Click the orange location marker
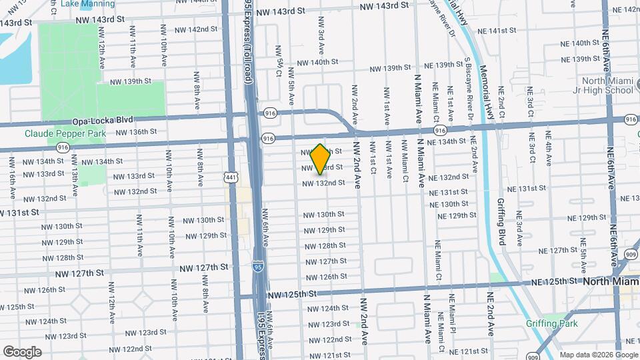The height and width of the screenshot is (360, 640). (320, 159)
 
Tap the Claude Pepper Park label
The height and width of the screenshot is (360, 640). (65, 133)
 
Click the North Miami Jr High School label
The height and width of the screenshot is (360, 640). (605, 85)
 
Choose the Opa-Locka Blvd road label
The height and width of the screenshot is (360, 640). (106, 120)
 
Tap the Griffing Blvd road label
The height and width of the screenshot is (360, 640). (502, 225)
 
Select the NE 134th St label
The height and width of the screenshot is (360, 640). (460, 141)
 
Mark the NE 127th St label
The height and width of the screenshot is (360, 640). (561, 251)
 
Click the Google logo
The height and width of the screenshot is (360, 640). (21, 351)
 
